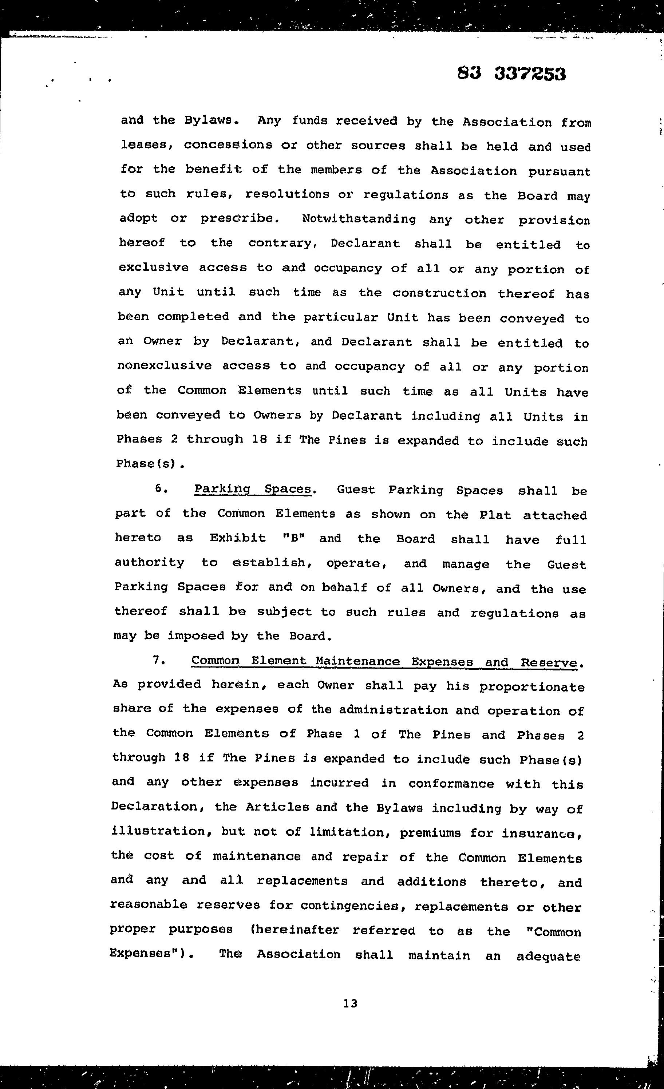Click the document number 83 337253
(511, 74)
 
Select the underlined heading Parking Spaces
(253, 489)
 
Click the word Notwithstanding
(359, 219)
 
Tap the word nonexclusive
(165, 365)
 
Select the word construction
(439, 293)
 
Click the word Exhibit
(237, 538)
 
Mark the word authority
(149, 563)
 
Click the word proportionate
(532, 687)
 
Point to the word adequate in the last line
(548, 956)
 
